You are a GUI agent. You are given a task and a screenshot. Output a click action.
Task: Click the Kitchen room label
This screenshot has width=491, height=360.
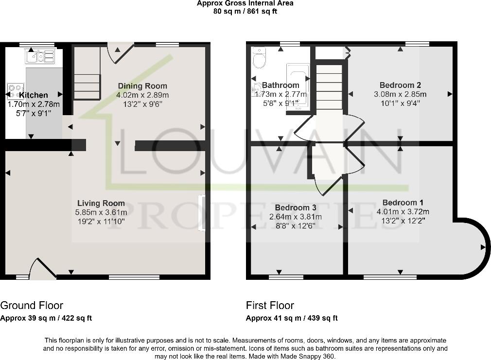(x=34, y=95)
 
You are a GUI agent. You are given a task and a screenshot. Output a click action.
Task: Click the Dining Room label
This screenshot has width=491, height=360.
(x=142, y=86)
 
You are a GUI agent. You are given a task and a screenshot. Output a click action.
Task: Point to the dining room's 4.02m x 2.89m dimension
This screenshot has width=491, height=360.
(x=142, y=95)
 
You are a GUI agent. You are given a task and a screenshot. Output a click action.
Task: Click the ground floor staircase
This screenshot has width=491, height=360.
(x=87, y=86)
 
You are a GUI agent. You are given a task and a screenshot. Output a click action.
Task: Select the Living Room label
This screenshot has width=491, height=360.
(x=101, y=203)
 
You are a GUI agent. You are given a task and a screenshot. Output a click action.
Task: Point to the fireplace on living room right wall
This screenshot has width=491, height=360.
(x=201, y=213)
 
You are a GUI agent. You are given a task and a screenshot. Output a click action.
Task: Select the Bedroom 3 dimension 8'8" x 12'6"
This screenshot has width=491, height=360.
(x=296, y=225)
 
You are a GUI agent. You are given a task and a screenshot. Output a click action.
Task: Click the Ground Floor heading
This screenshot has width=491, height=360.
(x=32, y=306)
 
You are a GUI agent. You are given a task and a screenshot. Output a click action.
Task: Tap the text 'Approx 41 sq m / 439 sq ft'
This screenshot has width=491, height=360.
(x=292, y=318)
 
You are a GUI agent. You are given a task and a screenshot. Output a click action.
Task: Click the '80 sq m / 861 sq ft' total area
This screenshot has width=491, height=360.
(x=245, y=11)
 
